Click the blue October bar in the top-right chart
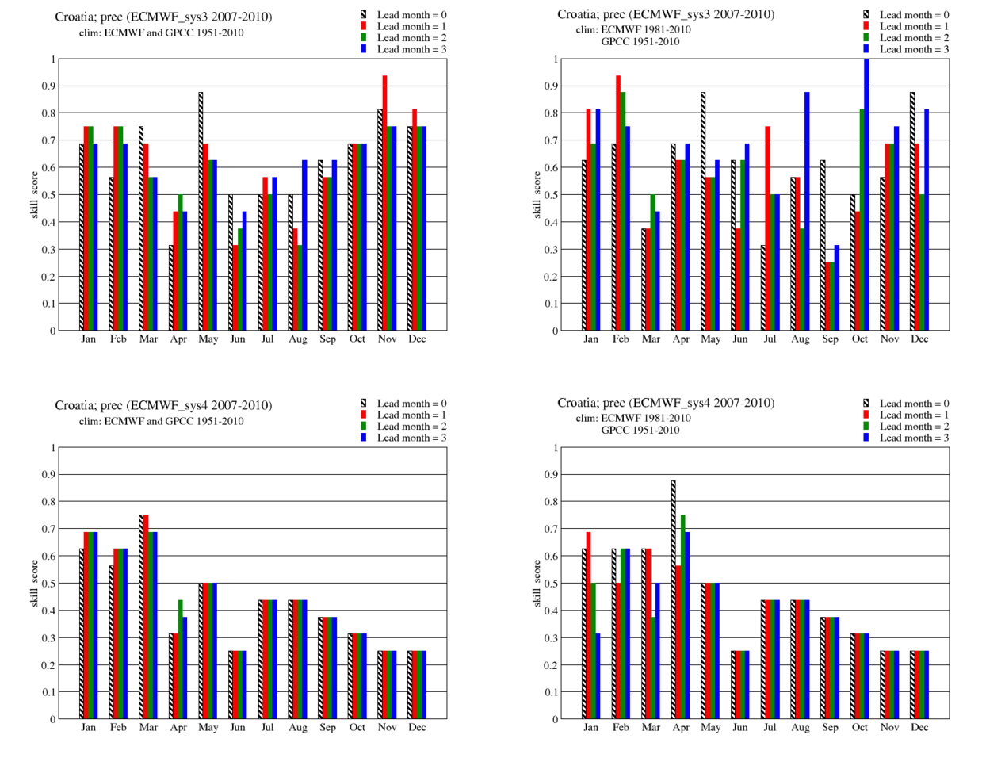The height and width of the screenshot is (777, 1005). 866,194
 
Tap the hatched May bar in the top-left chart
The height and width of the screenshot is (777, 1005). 201,211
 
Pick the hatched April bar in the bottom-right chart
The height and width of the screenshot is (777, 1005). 674,599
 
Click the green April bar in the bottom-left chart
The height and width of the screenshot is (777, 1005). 181,659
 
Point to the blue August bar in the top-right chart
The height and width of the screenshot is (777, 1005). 807,211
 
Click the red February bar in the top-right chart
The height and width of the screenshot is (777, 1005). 618,203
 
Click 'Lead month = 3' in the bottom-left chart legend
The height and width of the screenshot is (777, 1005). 411,438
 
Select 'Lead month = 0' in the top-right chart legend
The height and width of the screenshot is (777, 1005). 914,14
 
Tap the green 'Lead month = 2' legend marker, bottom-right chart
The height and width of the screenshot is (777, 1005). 866,426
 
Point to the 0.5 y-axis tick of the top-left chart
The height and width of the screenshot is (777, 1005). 52,195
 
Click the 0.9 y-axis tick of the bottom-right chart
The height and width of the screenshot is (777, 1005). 554,475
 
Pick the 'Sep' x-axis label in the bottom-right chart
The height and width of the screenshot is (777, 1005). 830,727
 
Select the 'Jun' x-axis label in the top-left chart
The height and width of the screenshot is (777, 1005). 238,339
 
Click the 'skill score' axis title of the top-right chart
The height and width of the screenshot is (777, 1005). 537,195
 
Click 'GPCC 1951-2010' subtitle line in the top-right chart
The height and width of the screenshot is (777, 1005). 640,41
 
